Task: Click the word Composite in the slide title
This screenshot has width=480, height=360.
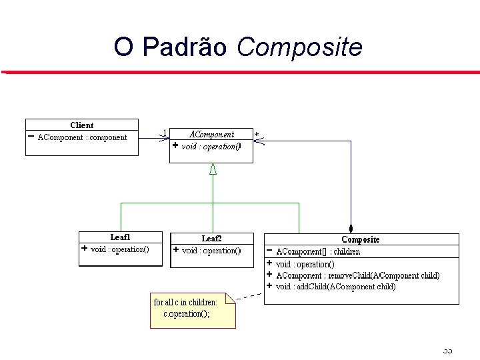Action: pos(299,48)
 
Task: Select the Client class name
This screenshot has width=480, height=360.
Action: pos(81,125)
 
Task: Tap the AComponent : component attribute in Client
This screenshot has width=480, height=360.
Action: pos(81,137)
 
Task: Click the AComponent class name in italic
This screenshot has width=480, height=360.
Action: pos(211,134)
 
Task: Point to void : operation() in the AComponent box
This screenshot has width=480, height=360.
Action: pos(211,146)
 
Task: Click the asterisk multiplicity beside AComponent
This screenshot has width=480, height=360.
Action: pos(257,134)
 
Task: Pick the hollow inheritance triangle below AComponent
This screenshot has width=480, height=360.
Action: pos(213,169)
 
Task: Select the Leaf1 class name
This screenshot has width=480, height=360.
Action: pos(120,237)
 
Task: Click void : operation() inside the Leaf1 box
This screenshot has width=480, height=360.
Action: pos(119,249)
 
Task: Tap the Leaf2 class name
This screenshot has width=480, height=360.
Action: pos(211,238)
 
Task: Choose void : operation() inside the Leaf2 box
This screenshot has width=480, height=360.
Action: pos(211,251)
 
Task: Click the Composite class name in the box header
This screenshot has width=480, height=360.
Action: pos(360,239)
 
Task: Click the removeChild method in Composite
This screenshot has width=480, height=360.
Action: pos(357,275)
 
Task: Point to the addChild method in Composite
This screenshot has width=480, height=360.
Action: pos(335,287)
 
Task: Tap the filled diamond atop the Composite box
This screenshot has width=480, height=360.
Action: pos(350,228)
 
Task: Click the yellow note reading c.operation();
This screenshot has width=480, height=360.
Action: pos(193,309)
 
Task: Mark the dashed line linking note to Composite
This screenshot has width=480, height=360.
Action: pos(249,295)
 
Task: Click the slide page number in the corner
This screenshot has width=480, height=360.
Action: pos(447,351)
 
